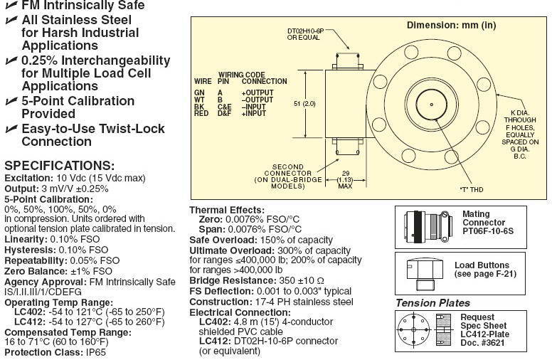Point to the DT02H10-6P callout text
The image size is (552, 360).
point(306,35)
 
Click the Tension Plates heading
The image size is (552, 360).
point(433,302)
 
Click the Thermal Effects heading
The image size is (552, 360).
point(226,211)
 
